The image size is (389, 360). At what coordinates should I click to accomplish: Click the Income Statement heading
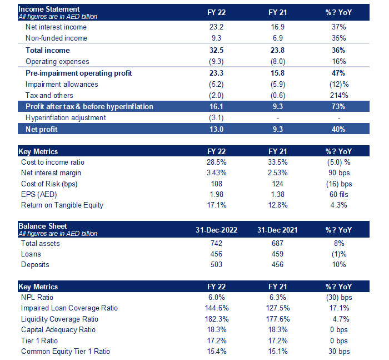click(x=49, y=9)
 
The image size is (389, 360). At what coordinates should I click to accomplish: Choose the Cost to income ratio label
click(x=53, y=162)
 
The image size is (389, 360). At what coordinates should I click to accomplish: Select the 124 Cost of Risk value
click(x=276, y=184)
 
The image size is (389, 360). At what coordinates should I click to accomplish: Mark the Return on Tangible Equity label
click(x=62, y=205)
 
